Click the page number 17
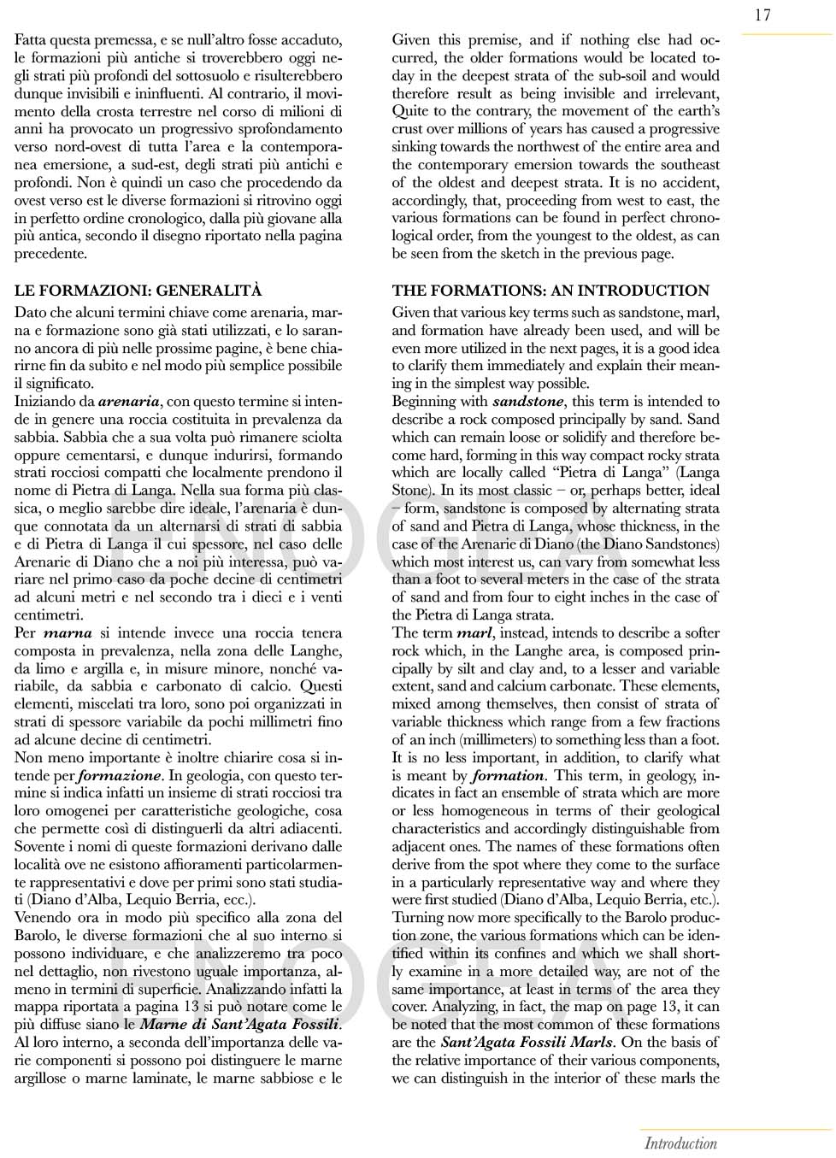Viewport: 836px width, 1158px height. coord(762,15)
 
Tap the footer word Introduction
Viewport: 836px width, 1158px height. coord(680,1143)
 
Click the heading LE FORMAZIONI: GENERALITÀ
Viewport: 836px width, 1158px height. coord(138,291)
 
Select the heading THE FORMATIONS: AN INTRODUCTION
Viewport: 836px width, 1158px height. coord(550,291)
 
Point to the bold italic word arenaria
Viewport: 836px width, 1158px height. coord(128,402)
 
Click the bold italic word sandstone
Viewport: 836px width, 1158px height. coord(527,402)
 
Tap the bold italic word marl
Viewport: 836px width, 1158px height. coord(474,633)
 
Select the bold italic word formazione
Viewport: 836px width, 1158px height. coord(119,776)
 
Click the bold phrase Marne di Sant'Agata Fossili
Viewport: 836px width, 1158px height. coord(239,1025)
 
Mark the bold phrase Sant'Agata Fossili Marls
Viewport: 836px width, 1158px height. coord(526,1043)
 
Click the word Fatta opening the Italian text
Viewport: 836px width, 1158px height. coord(31,40)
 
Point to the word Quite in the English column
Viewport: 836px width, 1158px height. coord(410,111)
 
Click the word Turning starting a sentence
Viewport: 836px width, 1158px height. coord(419,918)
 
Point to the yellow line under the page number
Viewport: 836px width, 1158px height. coord(786,35)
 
